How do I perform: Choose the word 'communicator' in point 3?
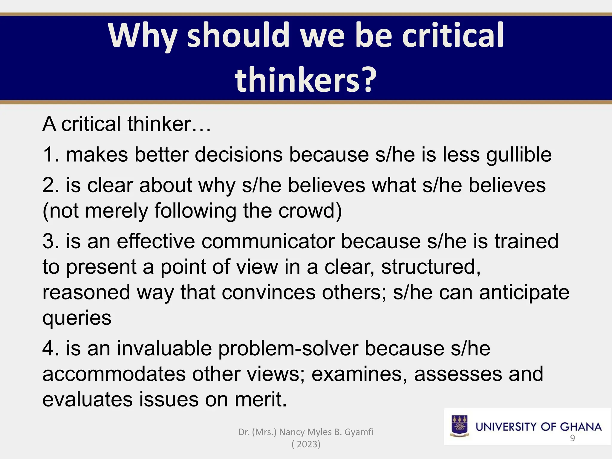coord(268,241)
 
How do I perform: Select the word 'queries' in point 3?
coord(77,318)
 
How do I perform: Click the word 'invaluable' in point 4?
coord(164,348)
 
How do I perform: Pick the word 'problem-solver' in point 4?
coord(288,348)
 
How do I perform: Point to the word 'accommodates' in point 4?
coord(114,374)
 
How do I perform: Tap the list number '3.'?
coord(51,241)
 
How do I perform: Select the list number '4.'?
coord(51,348)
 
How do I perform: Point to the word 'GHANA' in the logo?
coord(580,427)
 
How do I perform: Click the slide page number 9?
coord(572,438)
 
